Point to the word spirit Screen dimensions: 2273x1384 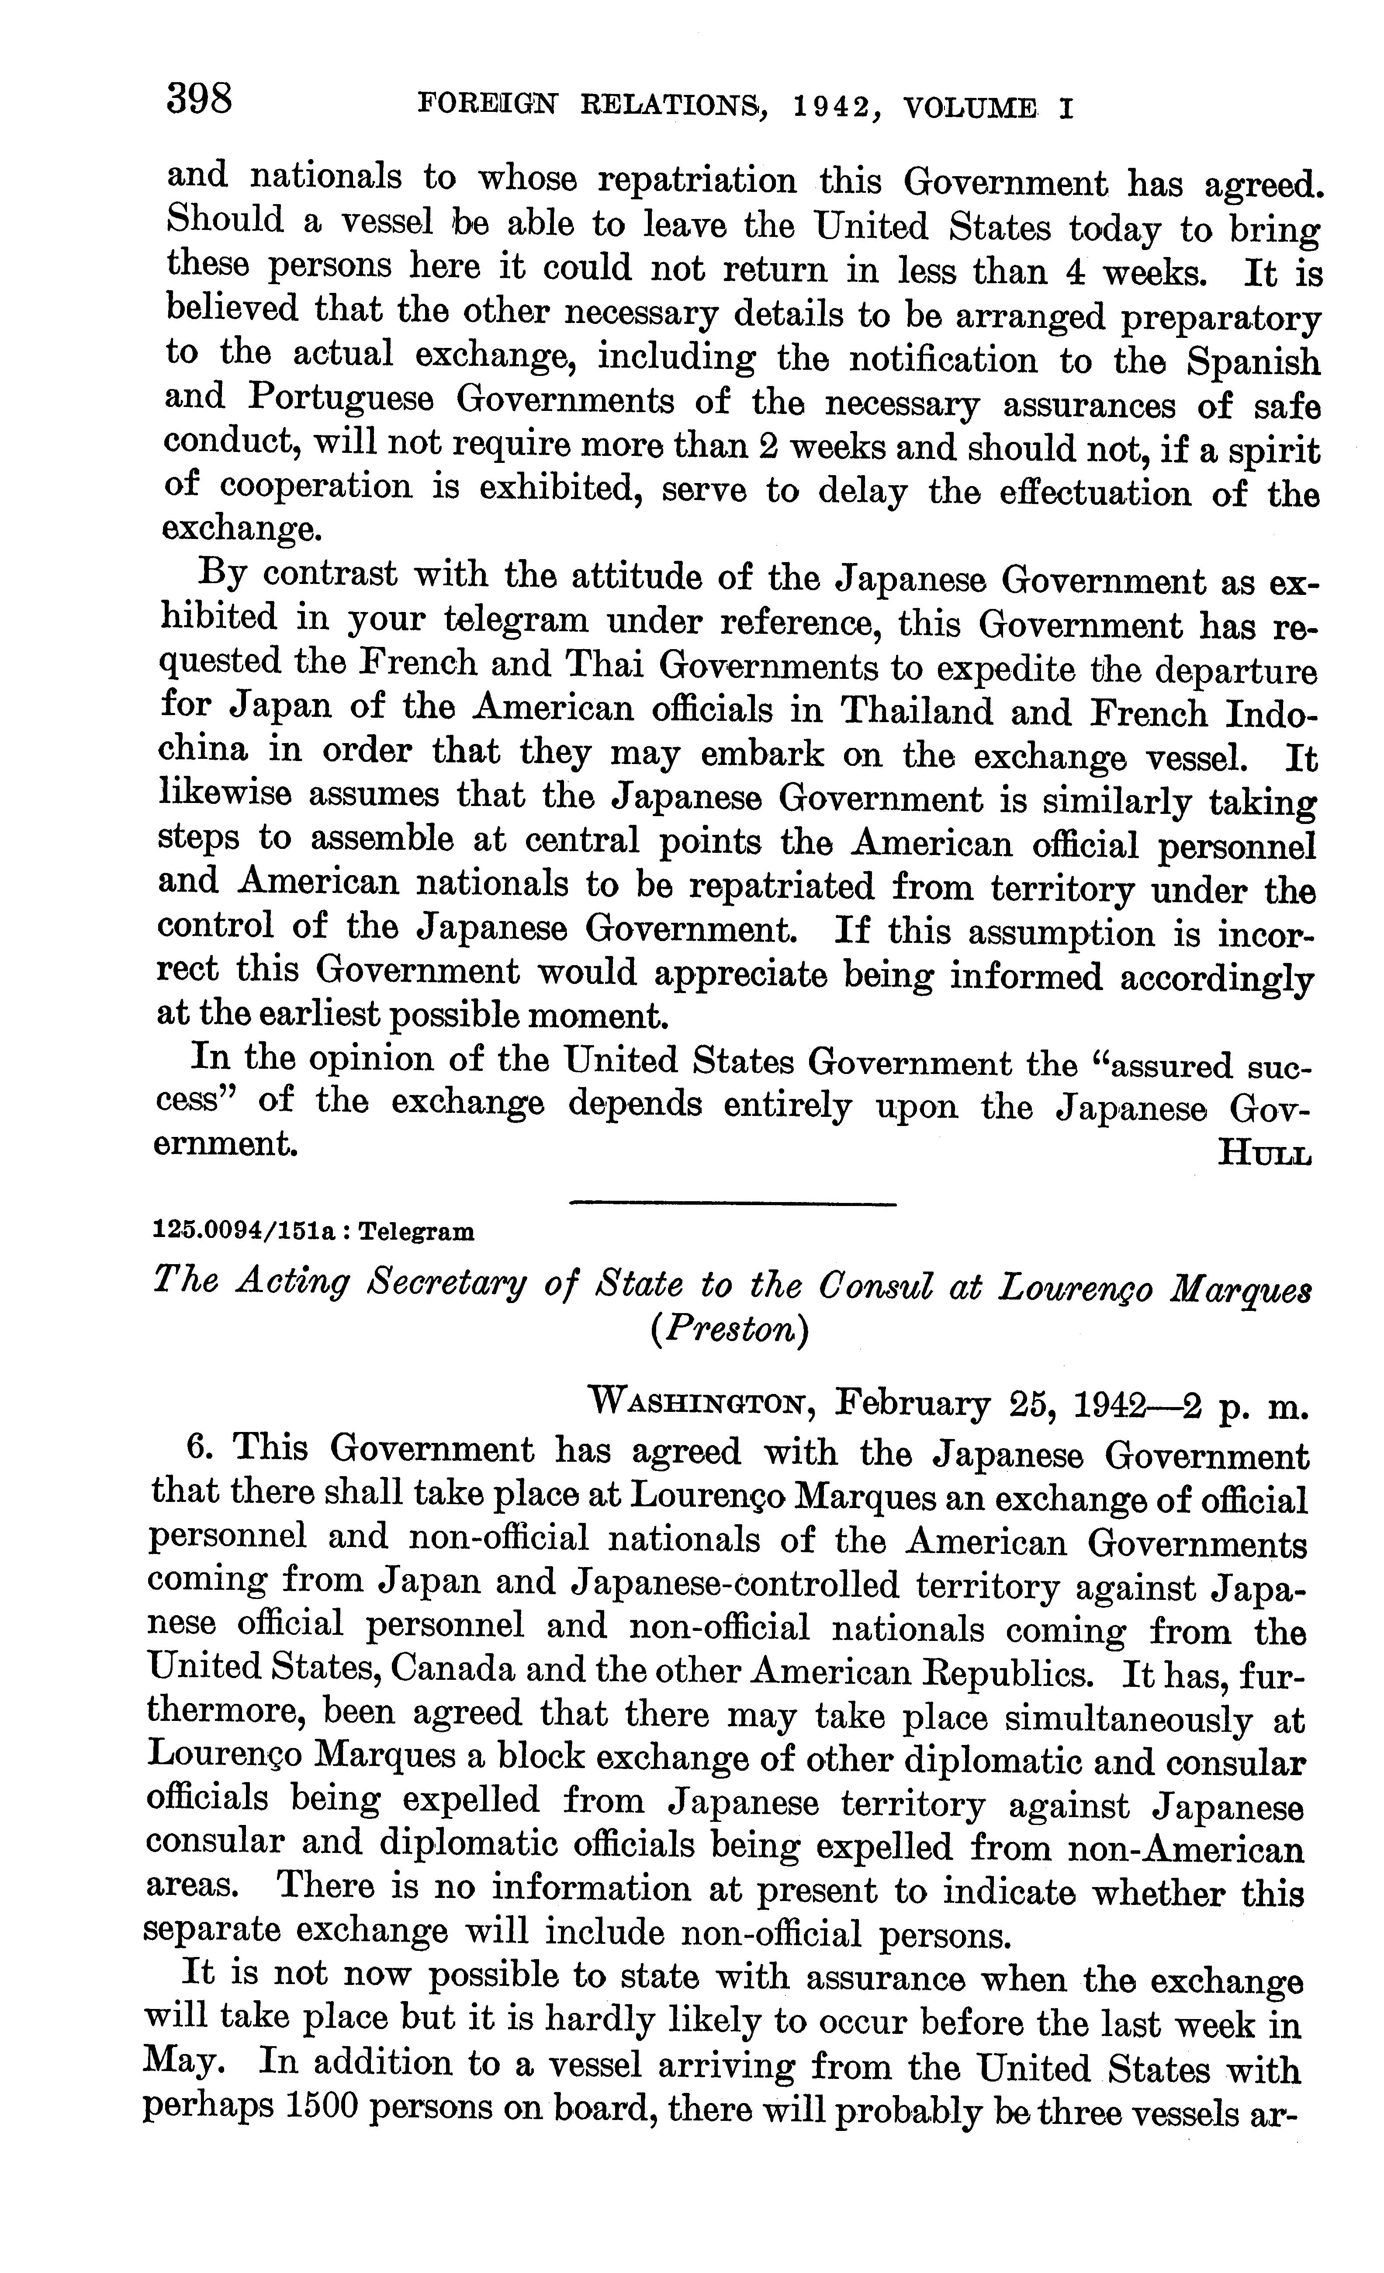[1275, 451]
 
